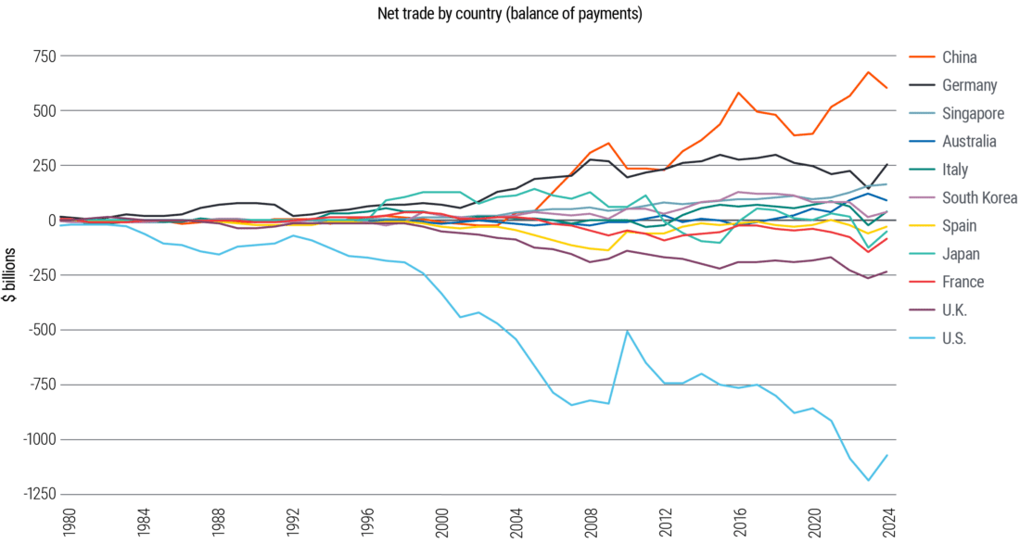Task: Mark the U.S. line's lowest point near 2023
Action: click(x=869, y=480)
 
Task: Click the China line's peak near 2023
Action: click(x=868, y=72)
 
